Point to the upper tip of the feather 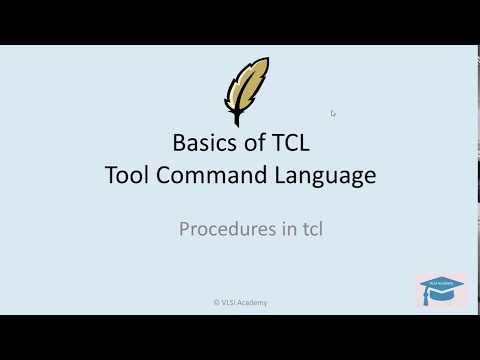click(x=265, y=61)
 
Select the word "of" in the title click(x=252, y=142)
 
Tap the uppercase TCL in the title click(x=293, y=142)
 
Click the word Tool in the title click(x=127, y=176)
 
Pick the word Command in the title click(x=214, y=176)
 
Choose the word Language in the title click(x=327, y=176)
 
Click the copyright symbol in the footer click(x=216, y=302)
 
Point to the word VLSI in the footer click(x=230, y=302)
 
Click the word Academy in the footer click(x=254, y=302)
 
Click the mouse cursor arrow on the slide click(x=333, y=113)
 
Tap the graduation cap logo click(x=441, y=291)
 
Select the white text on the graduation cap click(x=441, y=284)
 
